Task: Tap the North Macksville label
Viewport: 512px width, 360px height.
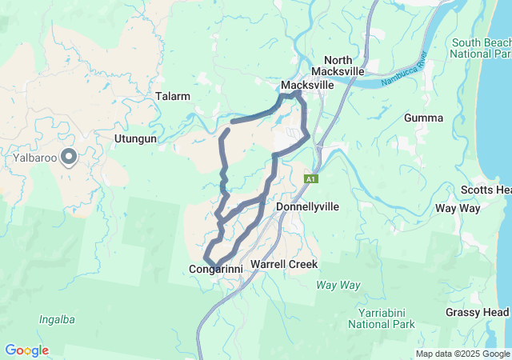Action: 344,66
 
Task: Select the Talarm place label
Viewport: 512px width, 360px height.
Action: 173,96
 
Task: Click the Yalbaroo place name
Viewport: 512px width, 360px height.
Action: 34,158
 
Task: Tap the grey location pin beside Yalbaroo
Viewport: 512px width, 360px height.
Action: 70,157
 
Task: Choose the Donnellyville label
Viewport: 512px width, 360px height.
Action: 307,206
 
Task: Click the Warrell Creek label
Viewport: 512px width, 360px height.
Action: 284,264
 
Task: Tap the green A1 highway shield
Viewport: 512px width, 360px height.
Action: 311,179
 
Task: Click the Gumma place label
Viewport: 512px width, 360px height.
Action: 424,118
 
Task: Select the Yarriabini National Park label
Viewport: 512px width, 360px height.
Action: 382,319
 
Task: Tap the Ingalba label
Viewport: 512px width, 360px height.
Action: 57,319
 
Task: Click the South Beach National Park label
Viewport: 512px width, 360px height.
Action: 480,48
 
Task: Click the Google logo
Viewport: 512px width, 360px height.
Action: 26,350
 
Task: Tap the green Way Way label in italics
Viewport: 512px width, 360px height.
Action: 338,285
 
